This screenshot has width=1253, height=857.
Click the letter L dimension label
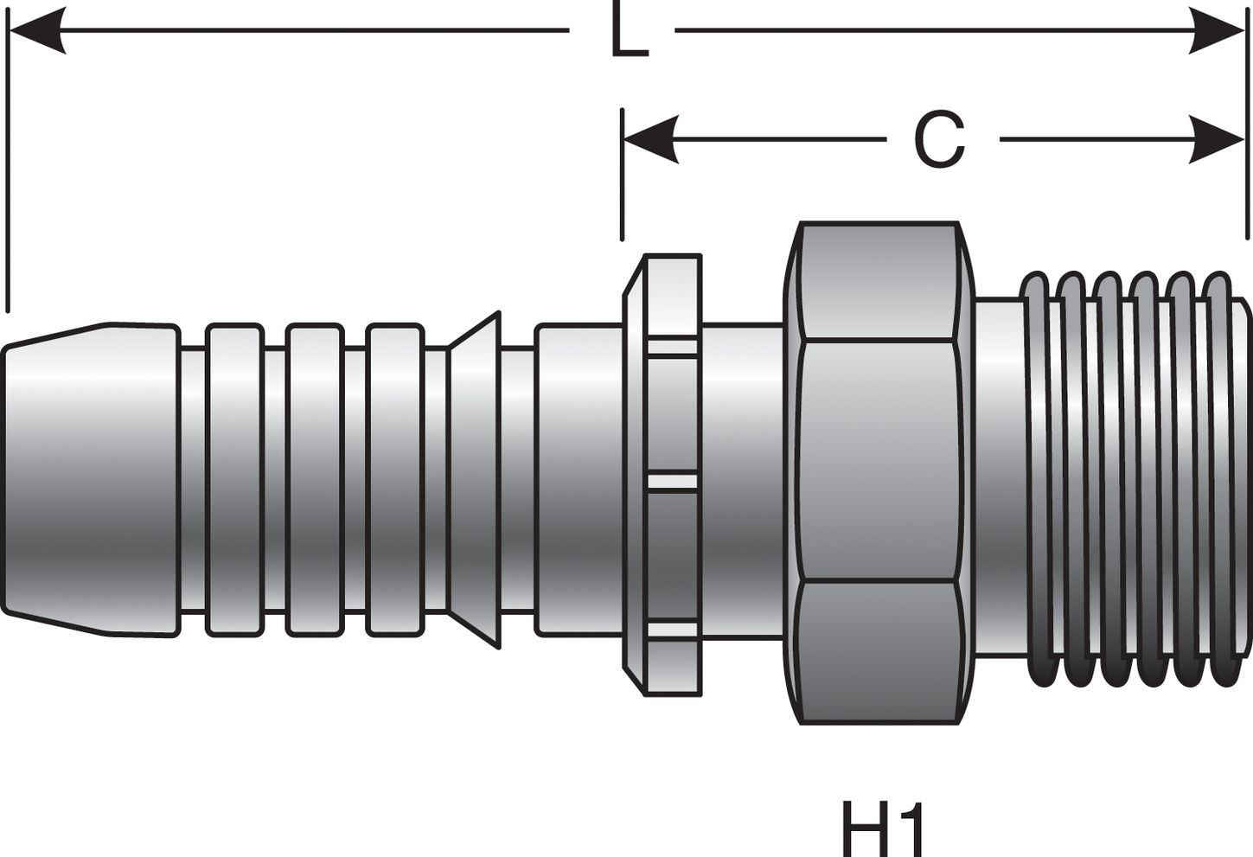pos(629,31)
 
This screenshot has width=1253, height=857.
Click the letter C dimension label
pos(939,141)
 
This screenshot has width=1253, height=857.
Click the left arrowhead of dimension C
pos(649,139)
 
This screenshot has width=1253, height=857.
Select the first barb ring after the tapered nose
pos(233,480)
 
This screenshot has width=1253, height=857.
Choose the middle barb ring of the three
pos(315,480)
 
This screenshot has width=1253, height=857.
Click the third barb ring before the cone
pos(394,480)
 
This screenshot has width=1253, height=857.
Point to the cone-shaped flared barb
pos(476,480)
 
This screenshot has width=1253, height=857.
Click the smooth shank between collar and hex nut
pos(742,480)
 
